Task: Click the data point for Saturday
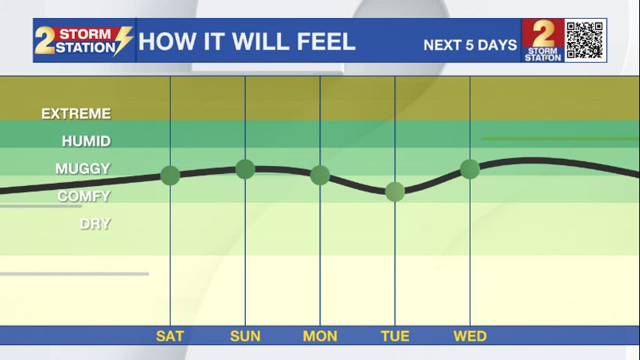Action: [170, 175]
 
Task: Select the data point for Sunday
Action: [245, 169]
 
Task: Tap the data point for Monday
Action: [320, 175]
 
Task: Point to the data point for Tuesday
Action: [395, 191]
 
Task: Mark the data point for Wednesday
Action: [470, 169]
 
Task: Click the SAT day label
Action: [170, 336]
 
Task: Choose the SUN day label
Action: [245, 336]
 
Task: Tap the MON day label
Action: [320, 336]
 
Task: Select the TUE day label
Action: [395, 336]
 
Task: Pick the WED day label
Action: [470, 336]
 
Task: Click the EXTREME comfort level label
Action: [76, 114]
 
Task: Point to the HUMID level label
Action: [86, 141]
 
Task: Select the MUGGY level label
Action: [82, 169]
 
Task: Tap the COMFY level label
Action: [84, 196]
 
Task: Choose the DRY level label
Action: [95, 223]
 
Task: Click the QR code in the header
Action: [585, 40]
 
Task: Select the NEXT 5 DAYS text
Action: [470, 45]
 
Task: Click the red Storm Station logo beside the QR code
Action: [543, 40]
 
